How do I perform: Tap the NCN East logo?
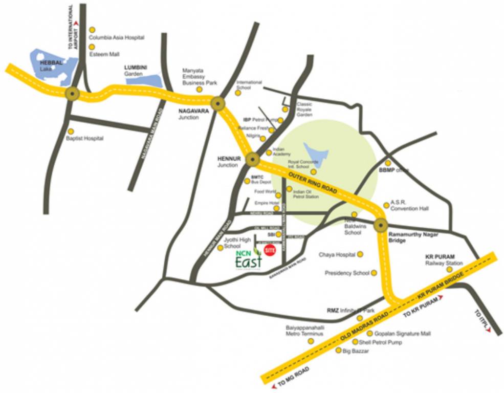coord(248,259)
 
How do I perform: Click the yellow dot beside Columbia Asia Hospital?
coord(93,30)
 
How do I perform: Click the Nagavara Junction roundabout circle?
coord(219,104)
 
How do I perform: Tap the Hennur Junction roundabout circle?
coord(252,160)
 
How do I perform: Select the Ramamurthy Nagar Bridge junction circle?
coord(381,225)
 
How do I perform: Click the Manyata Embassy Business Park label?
coord(200,77)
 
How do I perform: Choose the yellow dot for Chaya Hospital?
coord(360,254)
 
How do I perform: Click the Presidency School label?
coord(347,273)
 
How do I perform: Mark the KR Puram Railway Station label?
coord(444,259)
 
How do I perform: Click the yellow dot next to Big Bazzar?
coord(338,351)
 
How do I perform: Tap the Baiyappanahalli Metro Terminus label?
coord(304,331)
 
